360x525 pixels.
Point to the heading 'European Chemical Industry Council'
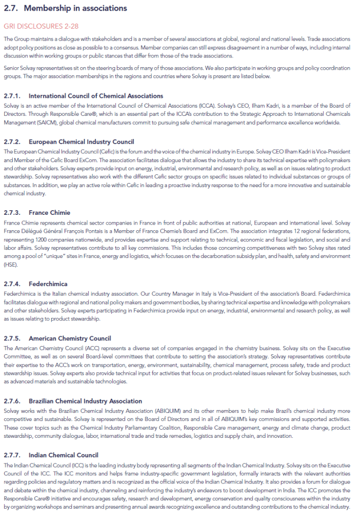click(x=82, y=142)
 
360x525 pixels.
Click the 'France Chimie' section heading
click(x=50, y=213)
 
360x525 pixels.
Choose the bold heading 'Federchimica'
click(x=48, y=284)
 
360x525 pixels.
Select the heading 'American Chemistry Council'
click(x=70, y=338)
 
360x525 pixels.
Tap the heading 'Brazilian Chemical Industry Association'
click(x=86, y=401)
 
